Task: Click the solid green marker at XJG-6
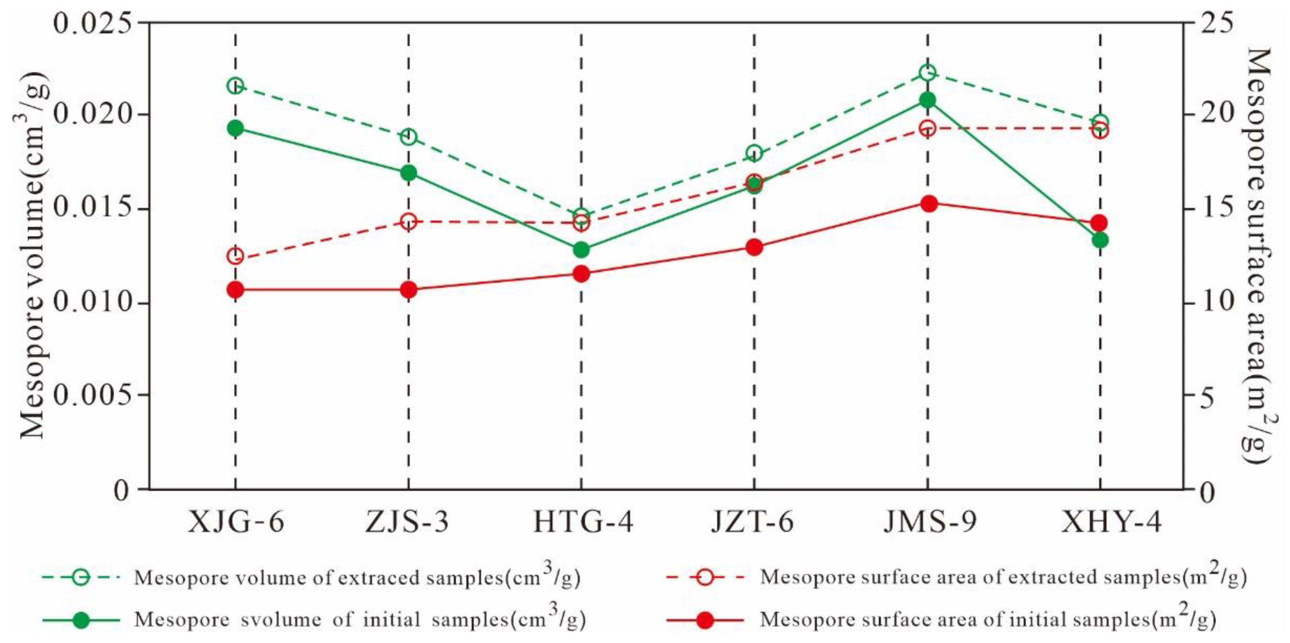pyautogui.click(x=235, y=128)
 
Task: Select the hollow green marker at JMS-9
pyautogui.click(x=927, y=73)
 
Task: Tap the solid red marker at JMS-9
pyautogui.click(x=928, y=204)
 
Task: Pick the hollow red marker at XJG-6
pyautogui.click(x=235, y=256)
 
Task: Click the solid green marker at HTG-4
pyautogui.click(x=581, y=249)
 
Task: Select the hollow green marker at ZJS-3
pyautogui.click(x=408, y=137)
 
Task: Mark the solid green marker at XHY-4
pyautogui.click(x=1100, y=240)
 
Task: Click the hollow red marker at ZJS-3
pyautogui.click(x=408, y=221)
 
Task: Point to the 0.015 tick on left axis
pyautogui.click(x=93, y=209)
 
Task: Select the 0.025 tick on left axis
pyautogui.click(x=93, y=23)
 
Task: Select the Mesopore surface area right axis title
pyautogui.click(x=1257, y=256)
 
